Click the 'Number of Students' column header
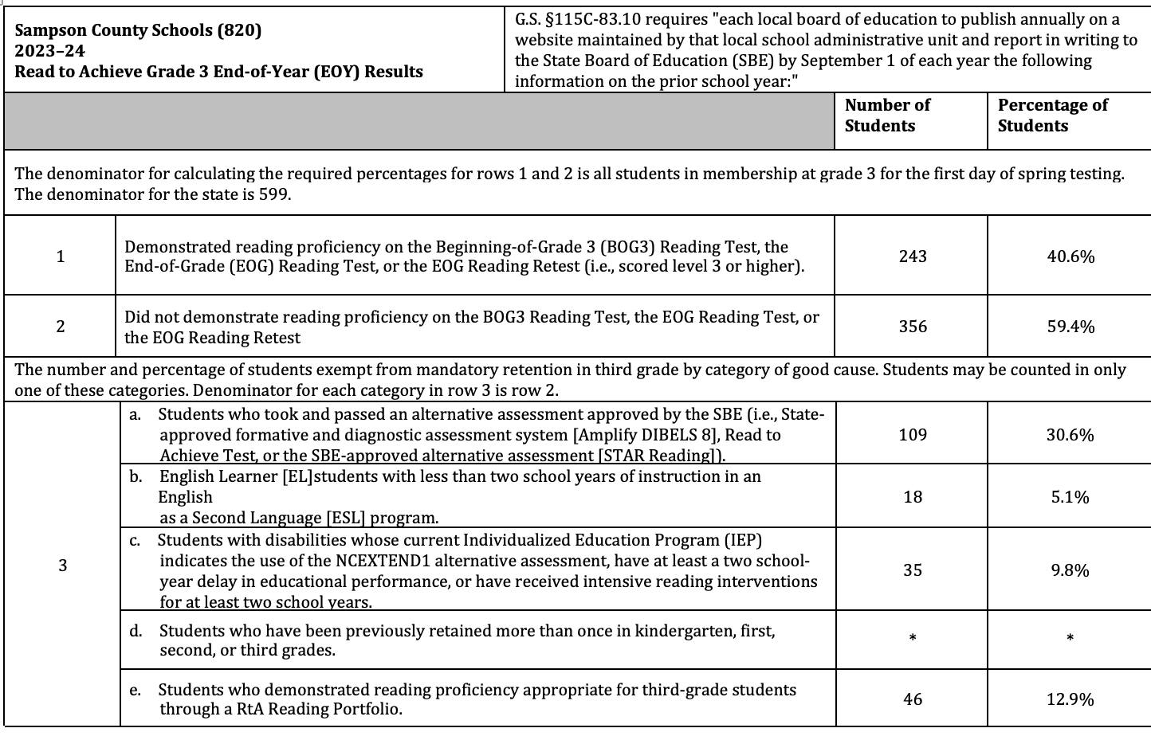pos(887,115)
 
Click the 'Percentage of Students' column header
pos(1052,115)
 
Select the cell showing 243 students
pos(913,256)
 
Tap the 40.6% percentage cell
pos(1070,256)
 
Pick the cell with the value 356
pos(913,327)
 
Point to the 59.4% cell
pos(1070,327)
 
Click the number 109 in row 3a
pos(913,435)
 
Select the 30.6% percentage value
pos(1070,435)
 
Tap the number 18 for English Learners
pos(913,497)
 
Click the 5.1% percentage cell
pos(1070,497)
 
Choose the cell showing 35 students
pos(913,570)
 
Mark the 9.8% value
pos(1070,570)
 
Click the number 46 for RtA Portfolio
pos(913,699)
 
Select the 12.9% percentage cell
pos(1070,699)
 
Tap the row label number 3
pos(62,566)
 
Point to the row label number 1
pos(61,256)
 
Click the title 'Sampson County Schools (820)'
pos(138,31)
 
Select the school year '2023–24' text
pos(49,52)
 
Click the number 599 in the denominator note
pos(274,194)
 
